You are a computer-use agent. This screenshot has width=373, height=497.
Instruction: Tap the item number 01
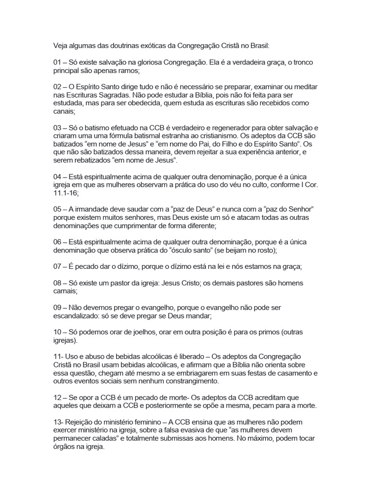pos(58,63)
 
